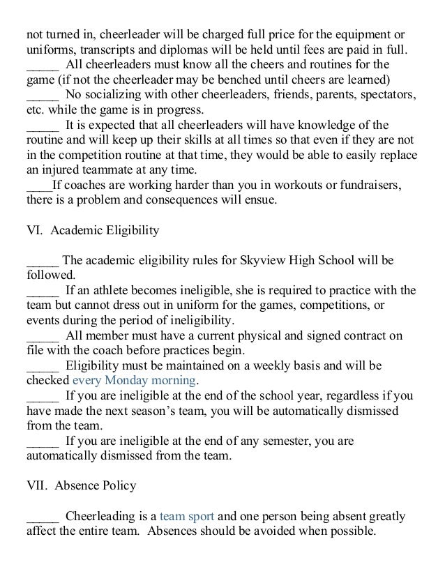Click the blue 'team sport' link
(186, 517)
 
